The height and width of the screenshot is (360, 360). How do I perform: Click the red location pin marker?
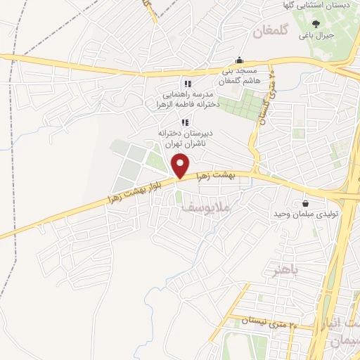[181, 166]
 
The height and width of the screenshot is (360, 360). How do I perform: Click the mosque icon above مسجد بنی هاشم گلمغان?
[240, 60]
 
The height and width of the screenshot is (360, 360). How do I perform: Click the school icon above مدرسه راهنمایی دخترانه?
[188, 84]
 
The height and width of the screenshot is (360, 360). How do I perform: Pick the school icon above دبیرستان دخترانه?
[185, 123]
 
